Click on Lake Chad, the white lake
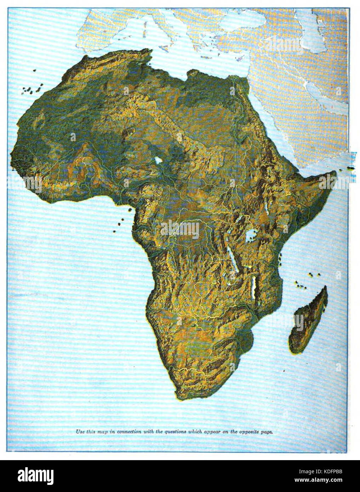point(158,160)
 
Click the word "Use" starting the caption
point(80,431)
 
